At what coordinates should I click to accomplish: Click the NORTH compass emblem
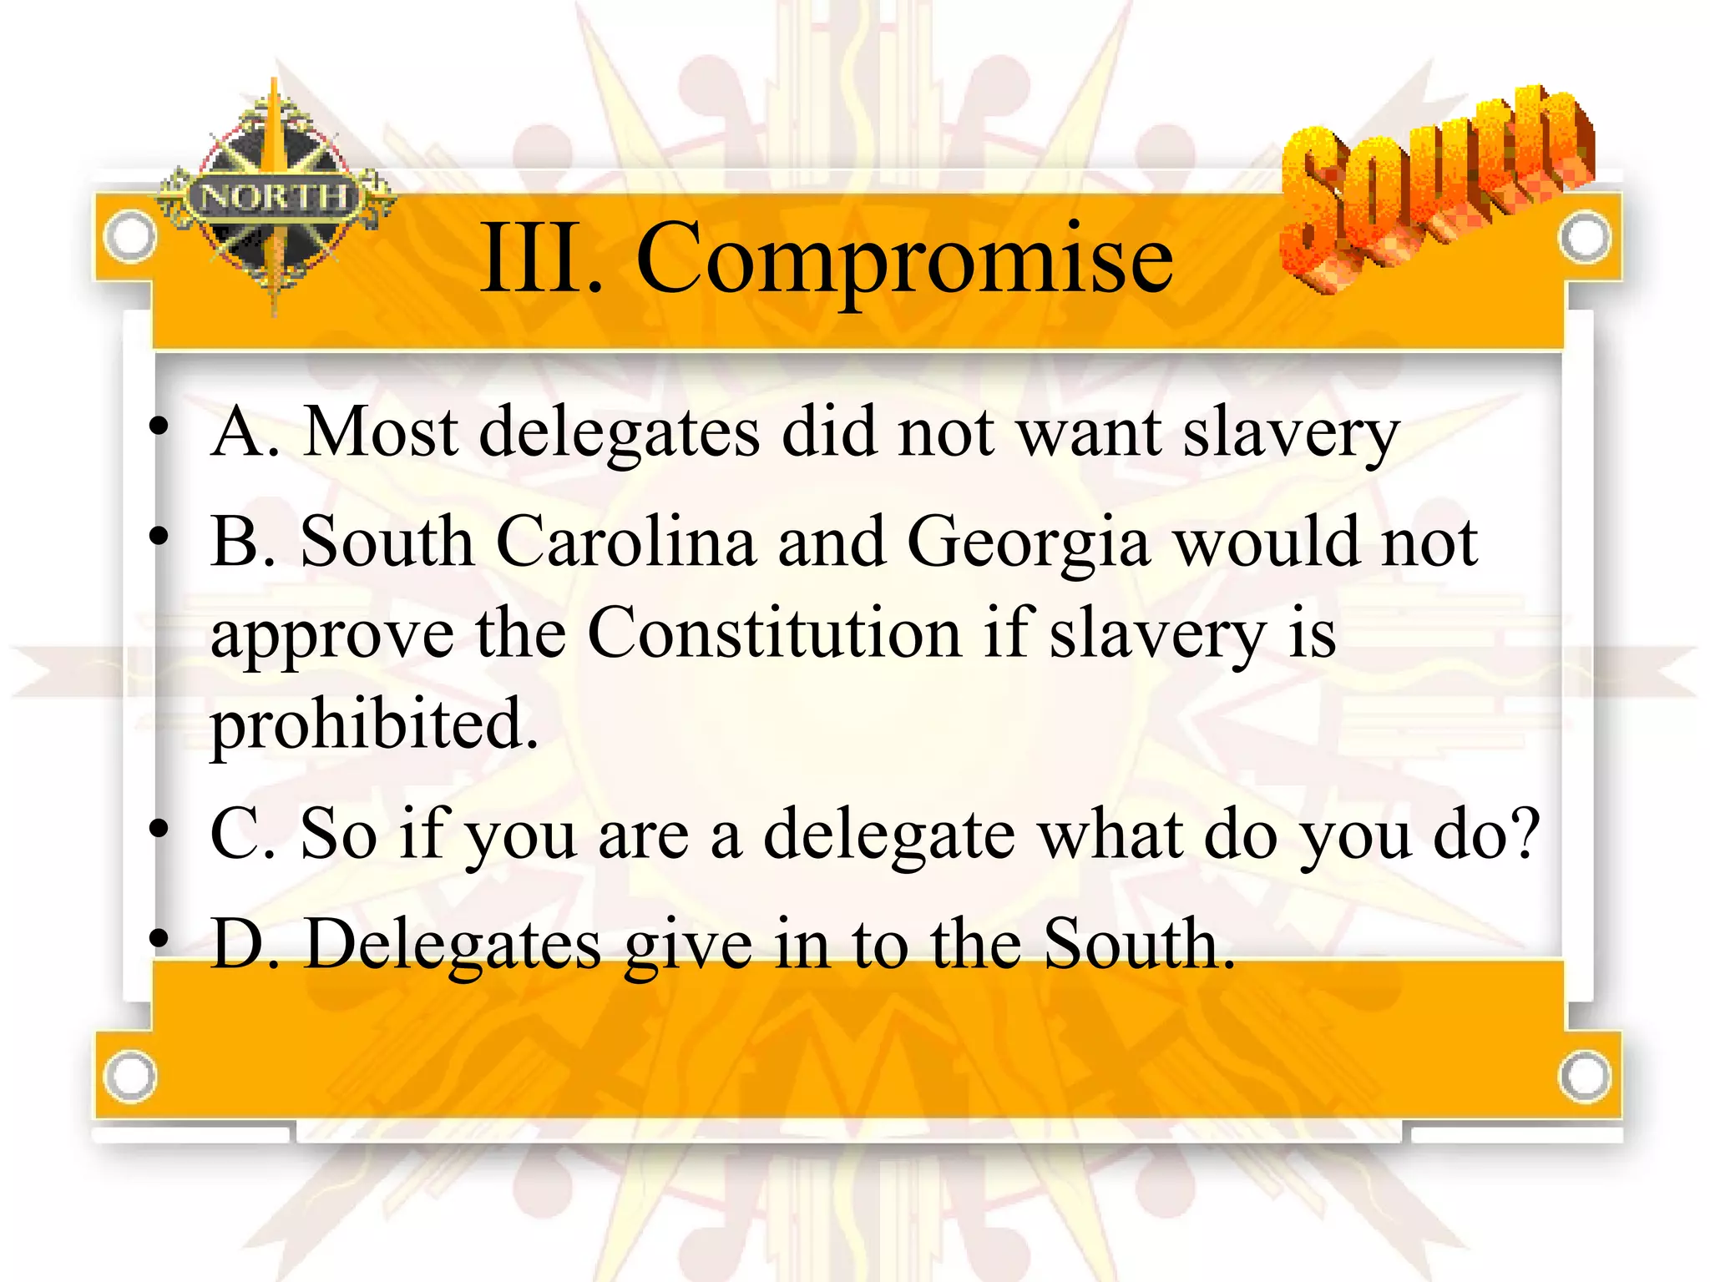point(276,197)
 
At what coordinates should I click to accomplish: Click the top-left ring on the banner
point(130,236)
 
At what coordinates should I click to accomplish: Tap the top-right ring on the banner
point(1584,237)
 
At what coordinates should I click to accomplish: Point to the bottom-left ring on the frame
point(130,1076)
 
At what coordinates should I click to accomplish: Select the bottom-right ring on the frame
point(1584,1075)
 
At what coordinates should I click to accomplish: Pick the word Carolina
point(625,542)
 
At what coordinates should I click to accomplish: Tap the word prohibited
point(373,724)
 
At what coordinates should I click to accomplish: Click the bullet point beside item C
point(158,829)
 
